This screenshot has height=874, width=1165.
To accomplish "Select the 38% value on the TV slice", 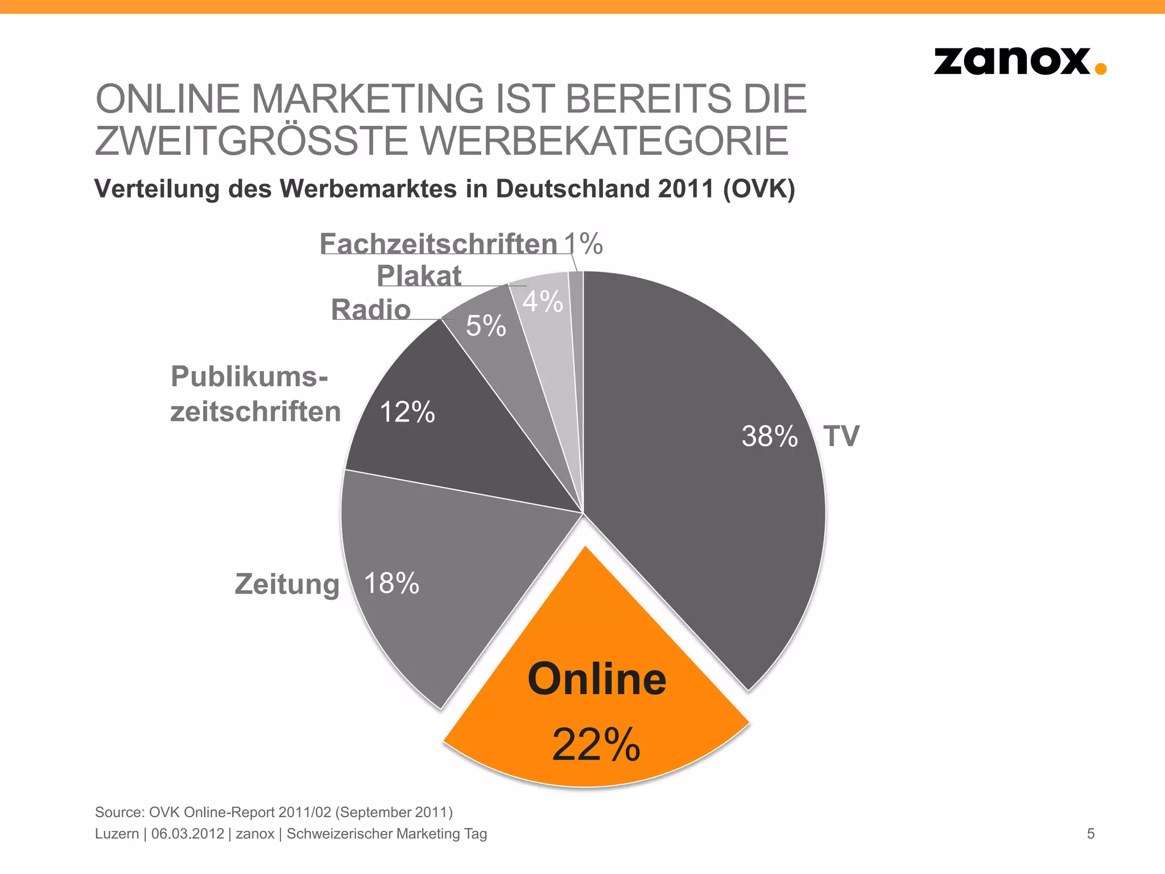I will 769,436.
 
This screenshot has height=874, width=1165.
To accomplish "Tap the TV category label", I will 841,436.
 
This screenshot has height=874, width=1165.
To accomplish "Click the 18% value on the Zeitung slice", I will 391,583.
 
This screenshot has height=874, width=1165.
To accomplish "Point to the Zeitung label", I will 287,584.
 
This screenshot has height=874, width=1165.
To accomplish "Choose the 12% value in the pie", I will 407,412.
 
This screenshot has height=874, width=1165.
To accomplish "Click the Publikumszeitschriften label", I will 255,394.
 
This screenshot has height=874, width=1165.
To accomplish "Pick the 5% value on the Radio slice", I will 486,326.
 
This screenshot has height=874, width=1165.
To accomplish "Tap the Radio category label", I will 371,310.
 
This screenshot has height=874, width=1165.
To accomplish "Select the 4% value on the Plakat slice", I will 543,301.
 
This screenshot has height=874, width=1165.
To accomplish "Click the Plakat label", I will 419,277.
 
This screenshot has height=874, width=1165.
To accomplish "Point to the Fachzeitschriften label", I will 438,244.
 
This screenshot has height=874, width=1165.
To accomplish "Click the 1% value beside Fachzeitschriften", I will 584,244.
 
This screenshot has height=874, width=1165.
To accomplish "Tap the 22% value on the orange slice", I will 596,744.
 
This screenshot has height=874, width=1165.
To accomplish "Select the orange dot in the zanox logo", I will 1101,69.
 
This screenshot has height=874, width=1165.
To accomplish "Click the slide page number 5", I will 1090,834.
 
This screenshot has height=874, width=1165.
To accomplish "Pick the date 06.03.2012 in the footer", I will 188,834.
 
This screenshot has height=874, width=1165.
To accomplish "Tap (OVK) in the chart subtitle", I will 759,189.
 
